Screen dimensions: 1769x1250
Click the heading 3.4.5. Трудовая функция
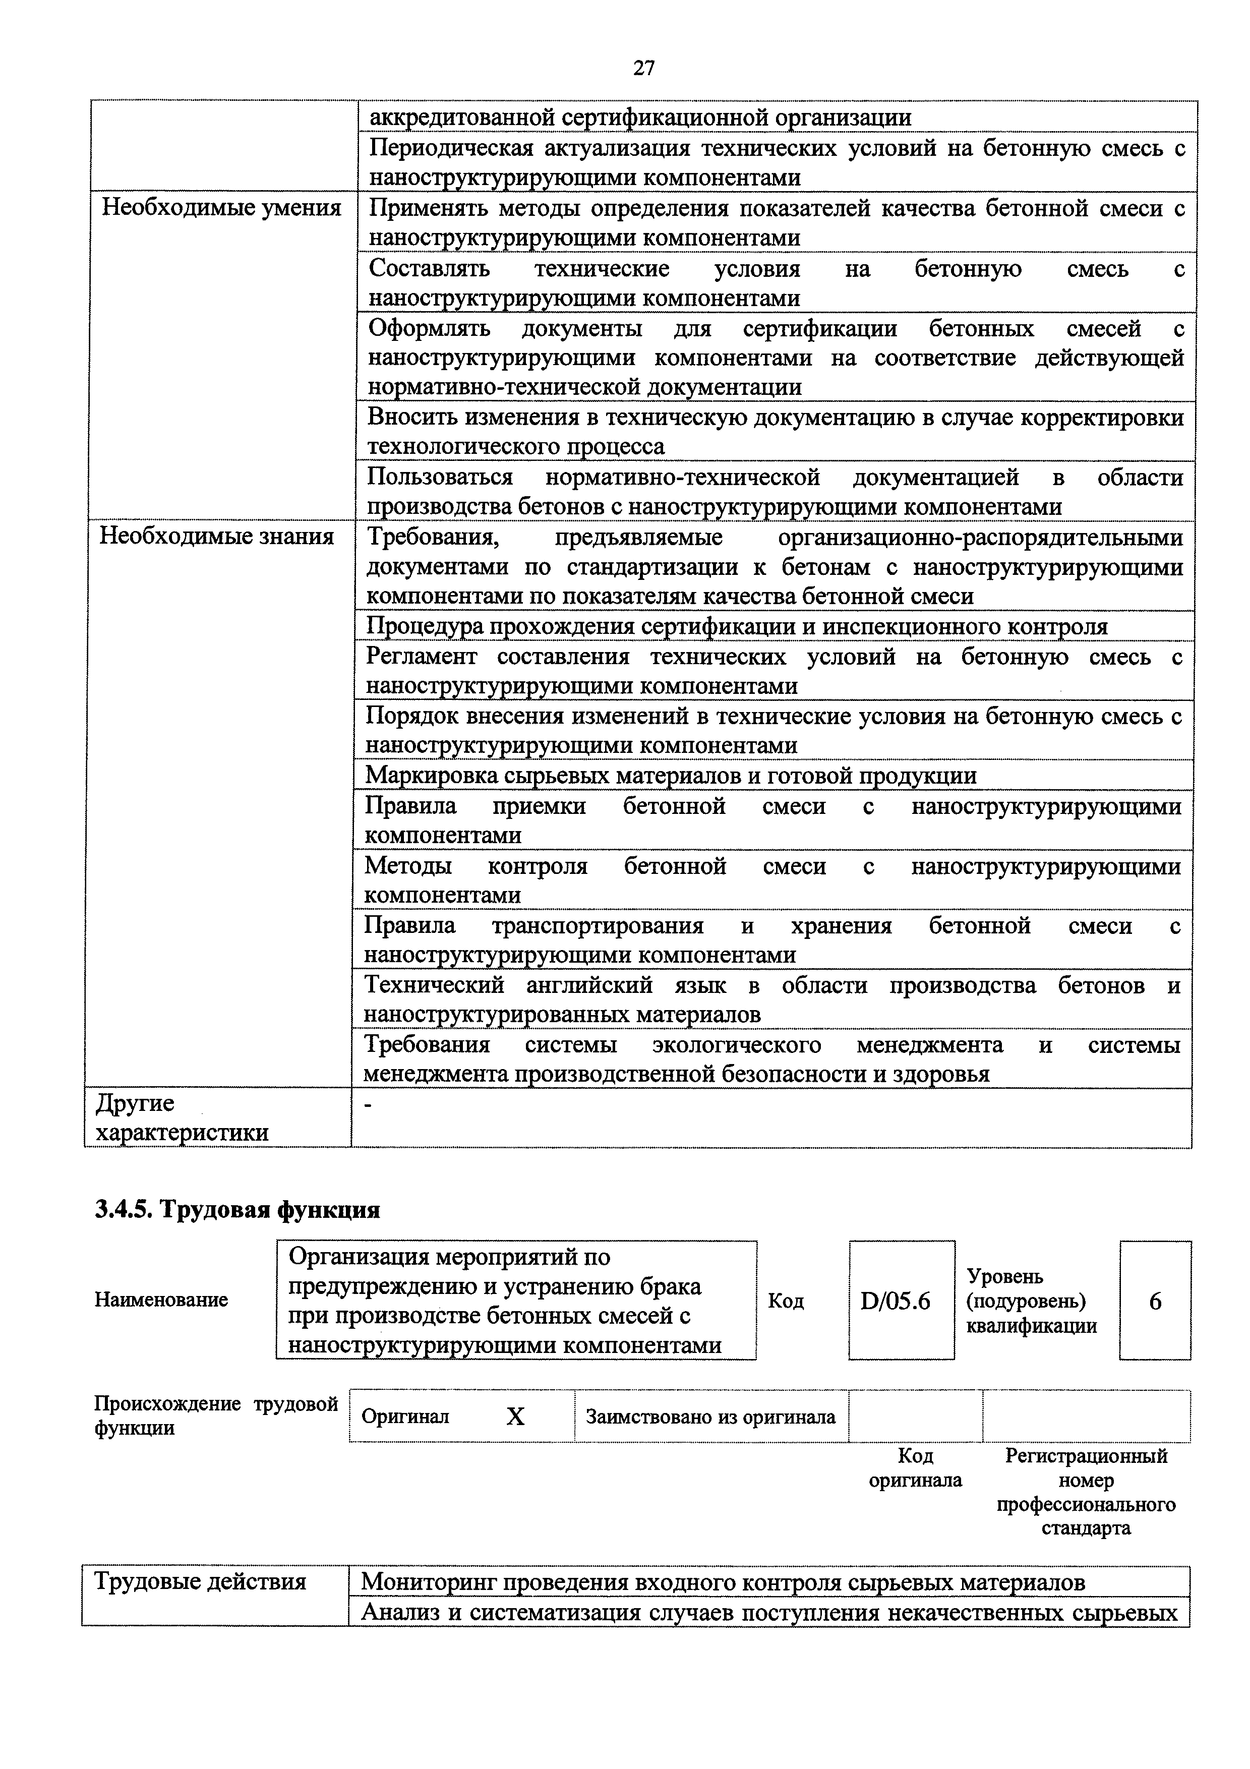[x=237, y=1210]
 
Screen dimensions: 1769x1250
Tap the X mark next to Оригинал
[x=515, y=1416]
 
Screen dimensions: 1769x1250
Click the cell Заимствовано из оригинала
[x=710, y=1416]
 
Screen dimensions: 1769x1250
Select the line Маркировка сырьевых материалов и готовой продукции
[x=670, y=776]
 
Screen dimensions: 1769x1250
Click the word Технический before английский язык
[x=434, y=985]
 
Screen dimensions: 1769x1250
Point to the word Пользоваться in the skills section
[x=439, y=478]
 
